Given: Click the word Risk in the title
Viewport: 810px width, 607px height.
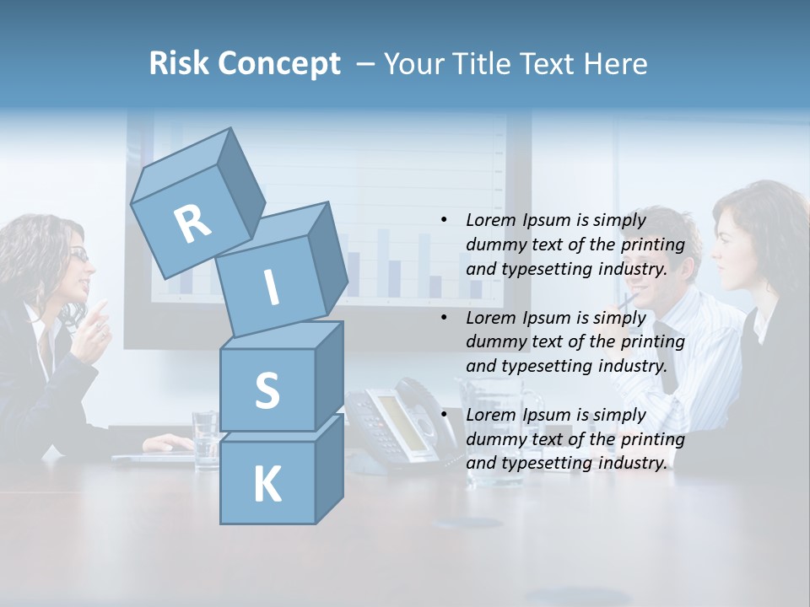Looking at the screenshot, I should (x=179, y=64).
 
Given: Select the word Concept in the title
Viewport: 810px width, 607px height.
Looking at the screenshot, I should (x=278, y=64).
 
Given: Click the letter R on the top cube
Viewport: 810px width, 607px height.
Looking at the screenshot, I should (x=193, y=223).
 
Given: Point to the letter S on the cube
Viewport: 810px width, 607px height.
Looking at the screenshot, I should (x=267, y=391).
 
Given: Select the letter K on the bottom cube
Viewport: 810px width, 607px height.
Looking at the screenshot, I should (x=267, y=485).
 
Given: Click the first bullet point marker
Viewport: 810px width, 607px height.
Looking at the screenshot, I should (x=444, y=220).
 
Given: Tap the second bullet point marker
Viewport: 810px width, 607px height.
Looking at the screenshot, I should (x=444, y=318).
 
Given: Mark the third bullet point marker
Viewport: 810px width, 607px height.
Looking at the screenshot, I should (x=444, y=415).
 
